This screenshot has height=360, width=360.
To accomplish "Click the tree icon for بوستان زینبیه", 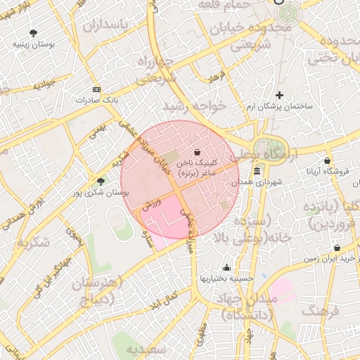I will coord(33,32).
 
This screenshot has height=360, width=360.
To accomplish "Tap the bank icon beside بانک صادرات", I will coord(96,89).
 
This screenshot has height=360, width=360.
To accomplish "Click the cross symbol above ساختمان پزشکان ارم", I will coord(279,94).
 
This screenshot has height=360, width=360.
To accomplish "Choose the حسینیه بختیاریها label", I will coord(226,278).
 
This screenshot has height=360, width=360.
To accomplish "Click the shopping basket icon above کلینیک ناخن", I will coord(196,151).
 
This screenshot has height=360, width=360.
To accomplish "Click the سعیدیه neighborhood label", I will coord(147,349).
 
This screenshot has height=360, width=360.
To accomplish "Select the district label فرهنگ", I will coord(322,310).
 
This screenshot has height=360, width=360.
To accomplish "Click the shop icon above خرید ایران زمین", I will coord(337,247).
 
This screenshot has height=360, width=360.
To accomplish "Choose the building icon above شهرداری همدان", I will coord(257,172).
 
